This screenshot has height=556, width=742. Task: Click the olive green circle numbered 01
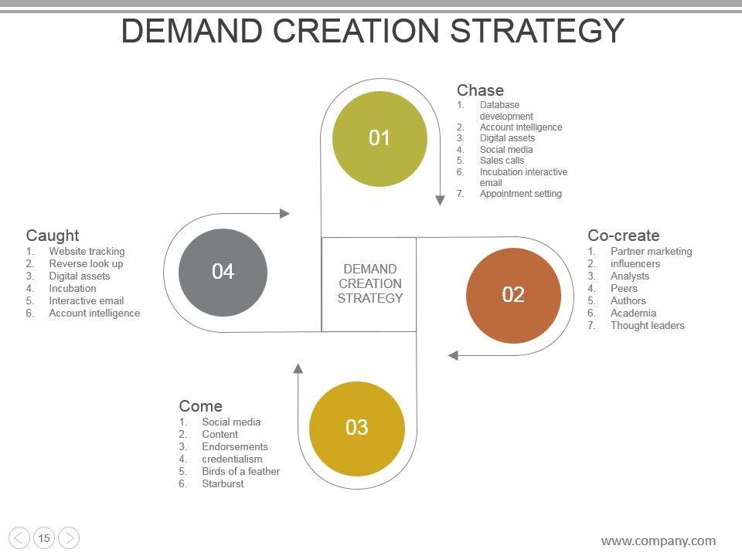[x=380, y=139]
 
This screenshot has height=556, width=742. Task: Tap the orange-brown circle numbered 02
[x=513, y=295]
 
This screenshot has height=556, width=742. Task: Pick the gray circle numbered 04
[x=223, y=272]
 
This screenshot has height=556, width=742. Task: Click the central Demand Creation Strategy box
[x=369, y=284]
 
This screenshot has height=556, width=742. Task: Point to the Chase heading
[x=480, y=90]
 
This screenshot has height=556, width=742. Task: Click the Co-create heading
[x=623, y=236]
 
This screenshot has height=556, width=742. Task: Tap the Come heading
[x=200, y=406]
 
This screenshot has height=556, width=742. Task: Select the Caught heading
[x=53, y=236]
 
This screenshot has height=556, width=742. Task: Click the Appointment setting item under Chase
[x=520, y=194]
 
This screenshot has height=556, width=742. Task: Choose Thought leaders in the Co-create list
[x=647, y=326]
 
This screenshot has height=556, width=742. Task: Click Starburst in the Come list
[x=223, y=484]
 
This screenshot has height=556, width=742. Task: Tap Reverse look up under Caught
[x=86, y=264]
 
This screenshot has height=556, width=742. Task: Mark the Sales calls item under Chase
[x=502, y=161]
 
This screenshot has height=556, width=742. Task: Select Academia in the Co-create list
[x=633, y=314]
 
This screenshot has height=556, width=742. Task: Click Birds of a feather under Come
[x=240, y=472]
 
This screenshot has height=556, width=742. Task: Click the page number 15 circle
[x=44, y=538]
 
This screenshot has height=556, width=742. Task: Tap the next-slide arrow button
[x=69, y=538]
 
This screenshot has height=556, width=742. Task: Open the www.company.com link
[x=658, y=541]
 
